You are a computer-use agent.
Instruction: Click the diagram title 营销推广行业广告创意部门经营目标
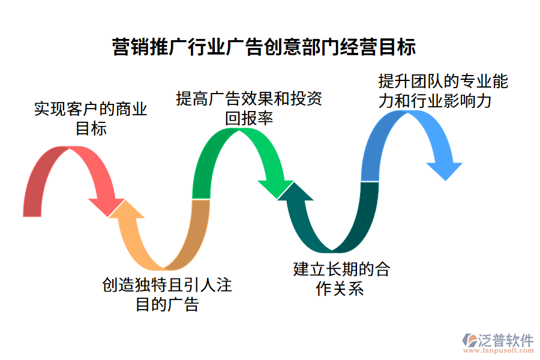pos(264,46)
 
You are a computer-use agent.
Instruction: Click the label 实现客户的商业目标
pos(91,118)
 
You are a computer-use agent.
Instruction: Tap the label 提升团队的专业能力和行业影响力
pos(443,91)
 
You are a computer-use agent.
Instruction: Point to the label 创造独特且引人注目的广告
pos(167,294)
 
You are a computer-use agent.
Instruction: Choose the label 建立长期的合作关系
pos(341,278)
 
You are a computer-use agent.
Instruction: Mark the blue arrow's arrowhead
pos(445,169)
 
